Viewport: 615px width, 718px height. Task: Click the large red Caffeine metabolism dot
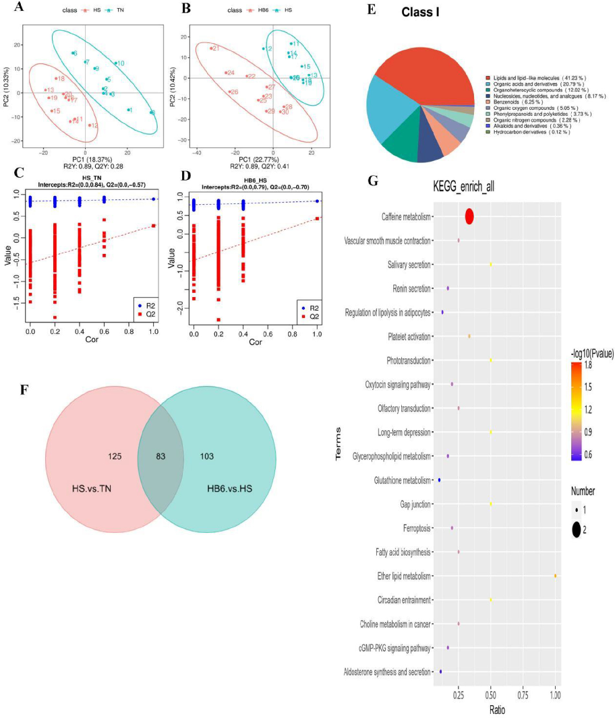tap(469, 216)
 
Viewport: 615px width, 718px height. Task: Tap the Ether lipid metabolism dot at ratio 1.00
tap(555, 576)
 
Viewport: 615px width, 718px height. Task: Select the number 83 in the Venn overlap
tap(160, 457)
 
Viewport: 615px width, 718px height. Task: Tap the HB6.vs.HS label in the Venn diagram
tap(230, 487)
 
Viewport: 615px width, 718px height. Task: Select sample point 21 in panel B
tap(214, 48)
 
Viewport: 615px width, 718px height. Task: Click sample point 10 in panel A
tap(119, 63)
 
